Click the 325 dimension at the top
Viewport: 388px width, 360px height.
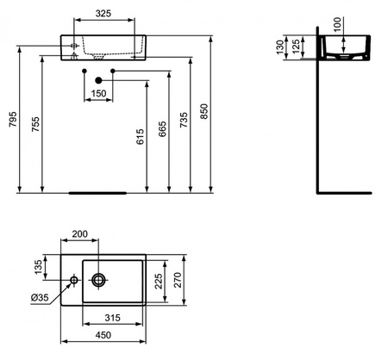coord(103,15)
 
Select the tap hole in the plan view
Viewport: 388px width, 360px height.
coord(75,280)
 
